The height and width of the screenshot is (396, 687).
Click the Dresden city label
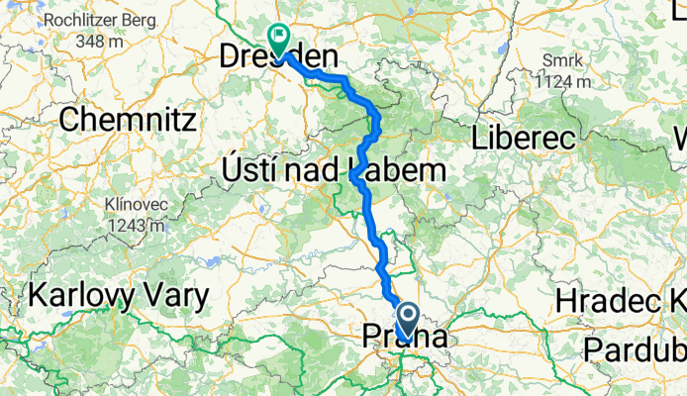tap(276, 59)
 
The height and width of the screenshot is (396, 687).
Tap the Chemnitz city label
tap(129, 120)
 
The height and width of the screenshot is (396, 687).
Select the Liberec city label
tap(525, 138)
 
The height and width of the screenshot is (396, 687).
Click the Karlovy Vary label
tap(119, 295)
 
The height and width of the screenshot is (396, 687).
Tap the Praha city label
tap(405, 338)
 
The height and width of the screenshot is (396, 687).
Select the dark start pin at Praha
tap(407, 320)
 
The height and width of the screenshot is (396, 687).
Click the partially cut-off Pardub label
tap(634, 348)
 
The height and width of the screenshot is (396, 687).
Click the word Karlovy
tap(79, 295)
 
